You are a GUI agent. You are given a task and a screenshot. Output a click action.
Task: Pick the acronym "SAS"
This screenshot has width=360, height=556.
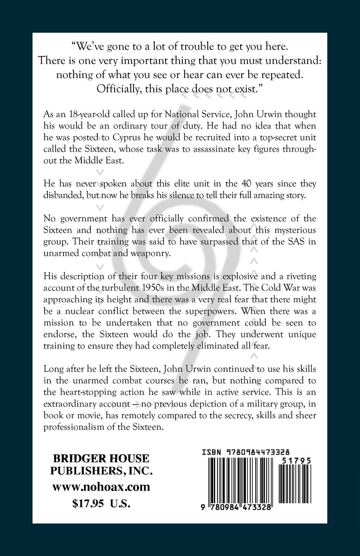[299, 241]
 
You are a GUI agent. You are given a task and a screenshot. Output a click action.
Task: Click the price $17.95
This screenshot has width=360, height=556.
[86, 503]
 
